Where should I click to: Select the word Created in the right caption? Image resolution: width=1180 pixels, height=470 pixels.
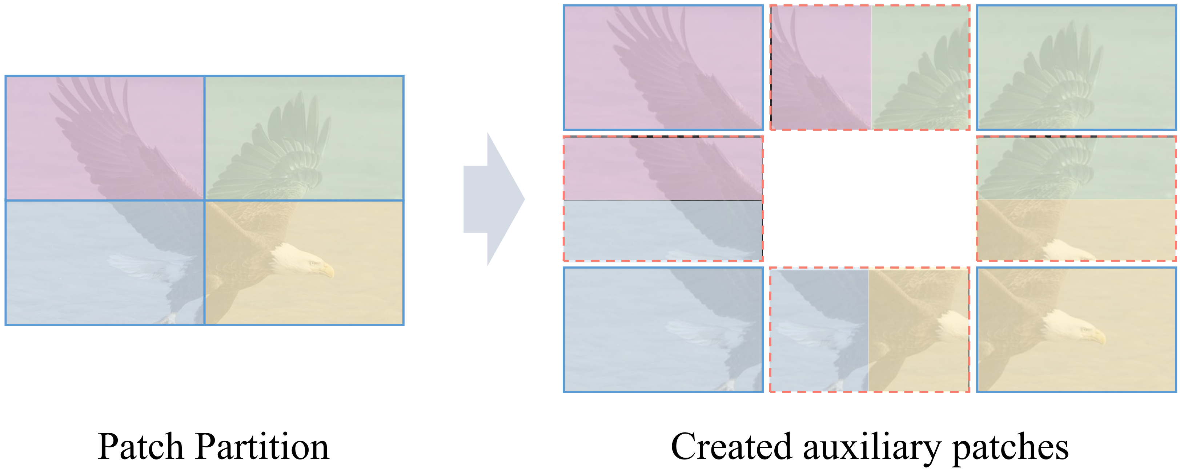pos(731,447)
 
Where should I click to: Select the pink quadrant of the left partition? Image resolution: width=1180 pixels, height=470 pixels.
pos(104,138)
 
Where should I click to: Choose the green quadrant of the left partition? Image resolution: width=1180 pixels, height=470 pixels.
pos(304,138)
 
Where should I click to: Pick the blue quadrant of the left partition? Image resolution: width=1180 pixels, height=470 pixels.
pos(104,262)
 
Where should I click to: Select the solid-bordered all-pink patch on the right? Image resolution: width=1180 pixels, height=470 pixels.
pos(663,67)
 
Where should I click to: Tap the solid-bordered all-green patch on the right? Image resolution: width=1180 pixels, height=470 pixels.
pos(1076,67)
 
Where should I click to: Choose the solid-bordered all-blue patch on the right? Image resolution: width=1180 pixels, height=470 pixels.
pos(663,330)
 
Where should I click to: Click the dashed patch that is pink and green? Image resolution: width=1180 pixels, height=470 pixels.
pos(870,67)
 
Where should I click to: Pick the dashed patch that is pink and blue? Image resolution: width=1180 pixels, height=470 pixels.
pos(663,198)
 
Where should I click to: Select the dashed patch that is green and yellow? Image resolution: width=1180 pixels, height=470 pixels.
pos(1076,198)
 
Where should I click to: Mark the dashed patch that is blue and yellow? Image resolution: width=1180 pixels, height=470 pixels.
pos(870,330)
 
